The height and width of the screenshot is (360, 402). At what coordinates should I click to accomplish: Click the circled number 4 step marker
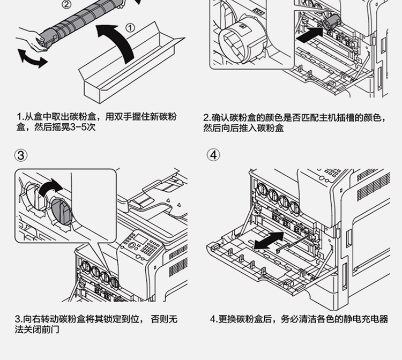click(x=214, y=155)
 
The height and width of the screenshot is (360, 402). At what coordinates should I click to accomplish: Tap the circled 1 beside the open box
click(x=130, y=28)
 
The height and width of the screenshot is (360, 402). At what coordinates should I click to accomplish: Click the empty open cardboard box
click(x=134, y=70)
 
